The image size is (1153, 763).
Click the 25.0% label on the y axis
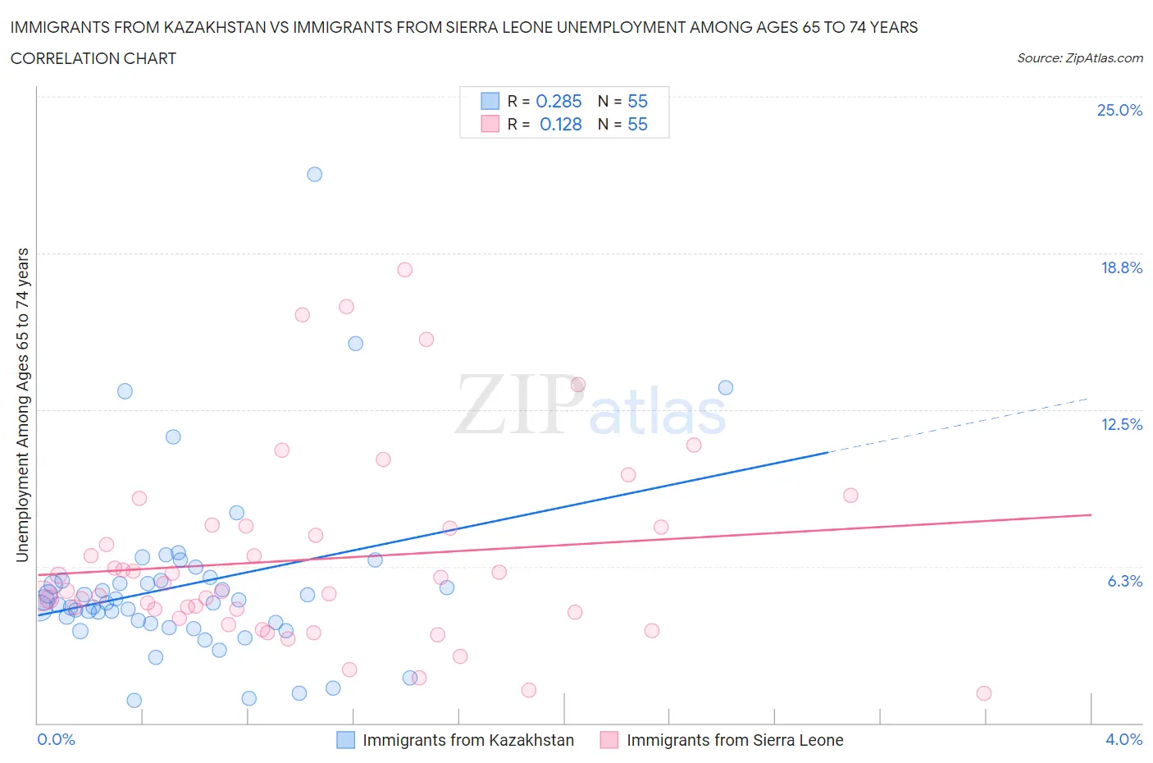tap(1119, 111)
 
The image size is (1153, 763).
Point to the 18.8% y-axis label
tap(1121, 267)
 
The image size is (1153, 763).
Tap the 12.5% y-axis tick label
tap(1121, 424)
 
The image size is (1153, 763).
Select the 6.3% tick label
tap(1124, 581)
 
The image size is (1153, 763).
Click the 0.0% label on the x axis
tap(56, 739)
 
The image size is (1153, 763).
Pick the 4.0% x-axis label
tap(1123, 739)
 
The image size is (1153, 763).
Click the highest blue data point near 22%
tap(314, 174)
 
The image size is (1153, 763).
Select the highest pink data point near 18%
tap(404, 270)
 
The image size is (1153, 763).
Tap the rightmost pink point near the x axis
tap(984, 693)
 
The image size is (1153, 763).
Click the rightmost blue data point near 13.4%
tap(726, 388)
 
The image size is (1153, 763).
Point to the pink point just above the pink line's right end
tap(850, 496)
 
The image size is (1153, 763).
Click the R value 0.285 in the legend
tap(558, 101)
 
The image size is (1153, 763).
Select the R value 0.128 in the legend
tap(560, 124)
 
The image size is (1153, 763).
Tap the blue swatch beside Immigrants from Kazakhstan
tap(346, 740)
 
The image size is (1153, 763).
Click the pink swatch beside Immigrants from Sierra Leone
tap(609, 740)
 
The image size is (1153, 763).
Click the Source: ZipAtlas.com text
tap(1079, 58)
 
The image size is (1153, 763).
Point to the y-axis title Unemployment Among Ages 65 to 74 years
tap(22, 404)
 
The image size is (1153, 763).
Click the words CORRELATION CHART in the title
tap(93, 58)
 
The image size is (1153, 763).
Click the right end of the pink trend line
tap(1091, 514)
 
